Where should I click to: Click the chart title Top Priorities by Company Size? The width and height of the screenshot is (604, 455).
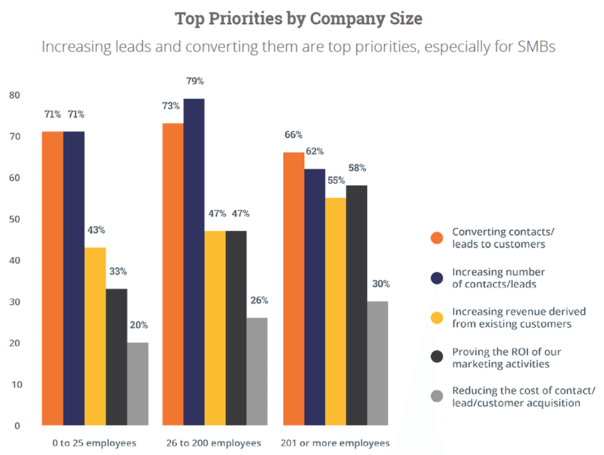299,18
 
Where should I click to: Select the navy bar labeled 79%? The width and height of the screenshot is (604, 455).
194,262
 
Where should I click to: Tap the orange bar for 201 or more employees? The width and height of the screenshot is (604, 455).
293,289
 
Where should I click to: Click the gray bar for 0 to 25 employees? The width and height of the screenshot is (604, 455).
138,384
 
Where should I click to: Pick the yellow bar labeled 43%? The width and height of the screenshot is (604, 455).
95,336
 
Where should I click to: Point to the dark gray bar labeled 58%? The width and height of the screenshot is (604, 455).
357,305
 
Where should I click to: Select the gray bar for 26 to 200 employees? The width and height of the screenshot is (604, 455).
257,371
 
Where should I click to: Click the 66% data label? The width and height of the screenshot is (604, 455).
294,135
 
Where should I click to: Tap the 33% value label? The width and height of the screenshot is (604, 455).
117,272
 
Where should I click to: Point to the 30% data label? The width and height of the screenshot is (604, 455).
379,285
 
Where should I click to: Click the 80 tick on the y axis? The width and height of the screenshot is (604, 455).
15,95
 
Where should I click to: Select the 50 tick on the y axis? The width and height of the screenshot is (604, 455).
15,219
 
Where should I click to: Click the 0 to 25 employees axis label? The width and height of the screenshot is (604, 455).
94,444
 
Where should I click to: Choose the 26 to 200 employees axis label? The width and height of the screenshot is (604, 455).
215,444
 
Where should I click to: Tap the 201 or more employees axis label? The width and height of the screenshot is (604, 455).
336,444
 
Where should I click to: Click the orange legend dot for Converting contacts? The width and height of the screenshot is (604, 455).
436,238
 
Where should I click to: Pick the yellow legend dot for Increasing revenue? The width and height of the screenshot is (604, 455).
436,317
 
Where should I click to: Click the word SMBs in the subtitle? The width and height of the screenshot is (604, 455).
535,48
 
